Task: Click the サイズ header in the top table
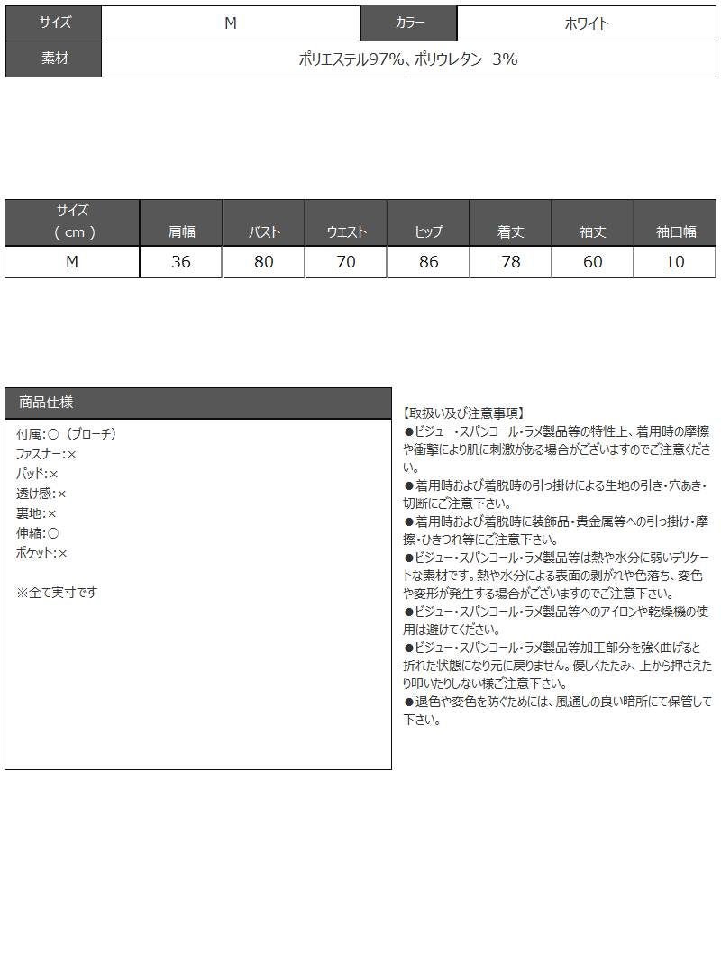click(54, 23)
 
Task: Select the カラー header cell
click(409, 23)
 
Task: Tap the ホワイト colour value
click(586, 23)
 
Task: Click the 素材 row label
click(54, 59)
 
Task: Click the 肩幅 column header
click(181, 231)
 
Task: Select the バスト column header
click(264, 231)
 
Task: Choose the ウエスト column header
click(346, 231)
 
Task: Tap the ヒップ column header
click(428, 231)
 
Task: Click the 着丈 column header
click(510, 231)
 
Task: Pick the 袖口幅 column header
click(676, 231)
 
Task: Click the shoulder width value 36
click(181, 262)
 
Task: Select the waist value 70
click(346, 262)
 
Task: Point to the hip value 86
click(428, 262)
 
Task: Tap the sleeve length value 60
click(592, 262)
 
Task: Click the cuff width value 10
click(675, 262)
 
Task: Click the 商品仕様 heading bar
click(198, 403)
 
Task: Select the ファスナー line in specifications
click(47, 454)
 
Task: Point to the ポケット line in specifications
click(42, 553)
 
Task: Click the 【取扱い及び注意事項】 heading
click(463, 413)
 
